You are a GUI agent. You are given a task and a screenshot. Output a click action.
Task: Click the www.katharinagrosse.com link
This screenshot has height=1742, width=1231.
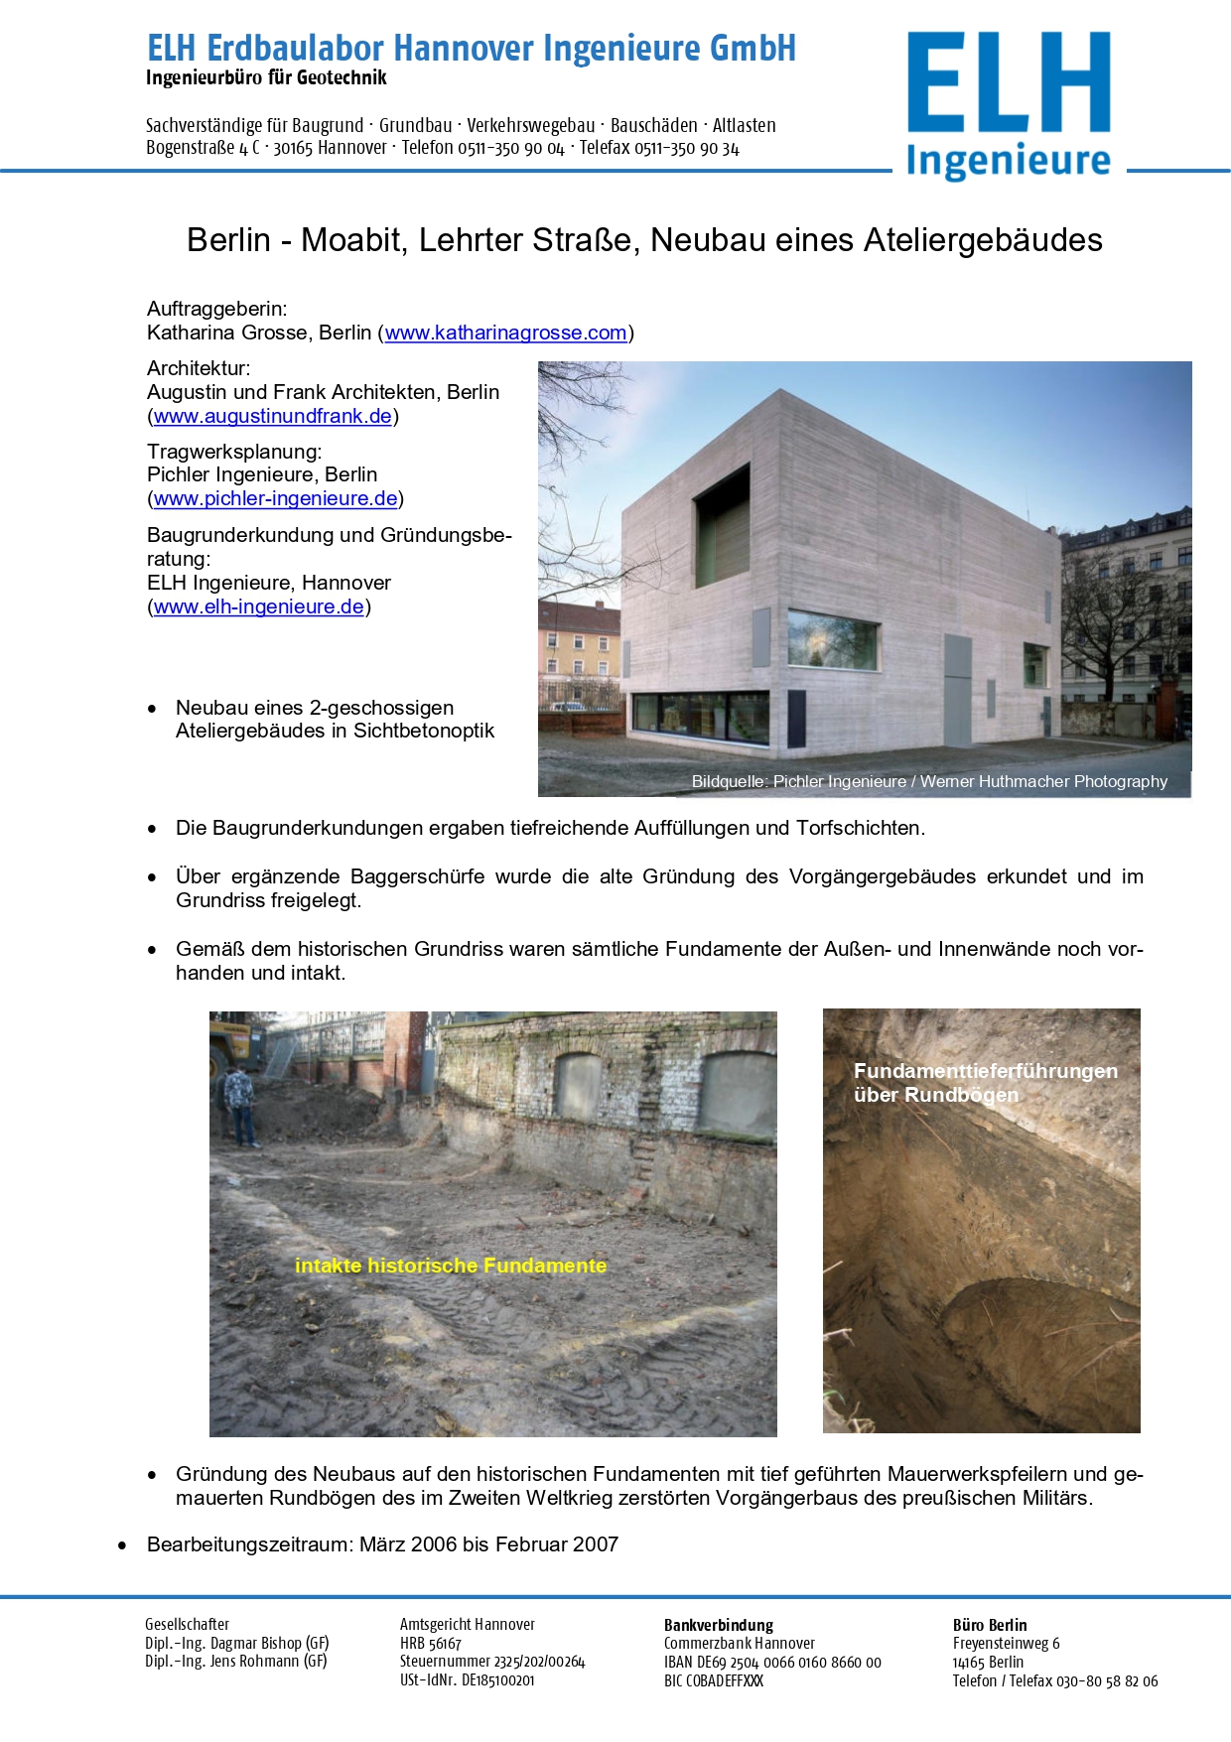point(505,334)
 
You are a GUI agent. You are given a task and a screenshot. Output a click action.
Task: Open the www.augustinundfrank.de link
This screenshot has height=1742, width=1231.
point(273,417)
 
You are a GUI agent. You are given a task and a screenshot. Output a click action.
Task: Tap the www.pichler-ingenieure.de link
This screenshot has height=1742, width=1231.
point(275,499)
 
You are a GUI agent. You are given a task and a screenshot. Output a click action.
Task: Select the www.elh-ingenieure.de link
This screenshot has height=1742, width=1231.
point(258,607)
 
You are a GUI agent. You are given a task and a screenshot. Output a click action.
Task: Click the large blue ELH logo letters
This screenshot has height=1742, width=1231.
point(1008,82)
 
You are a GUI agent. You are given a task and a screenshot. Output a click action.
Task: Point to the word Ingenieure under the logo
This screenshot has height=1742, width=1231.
point(1008,161)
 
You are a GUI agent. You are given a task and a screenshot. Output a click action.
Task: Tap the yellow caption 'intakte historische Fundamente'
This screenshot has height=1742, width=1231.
point(451,1267)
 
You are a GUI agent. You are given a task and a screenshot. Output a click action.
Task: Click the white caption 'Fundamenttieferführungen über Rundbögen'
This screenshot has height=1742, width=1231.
point(985,1083)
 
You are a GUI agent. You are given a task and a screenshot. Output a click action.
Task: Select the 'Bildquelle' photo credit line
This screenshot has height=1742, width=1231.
point(929,782)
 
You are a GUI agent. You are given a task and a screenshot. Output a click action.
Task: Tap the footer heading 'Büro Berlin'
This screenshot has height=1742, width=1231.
point(990,1625)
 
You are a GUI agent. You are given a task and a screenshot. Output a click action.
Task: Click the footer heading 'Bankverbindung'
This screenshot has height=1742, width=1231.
point(718,1625)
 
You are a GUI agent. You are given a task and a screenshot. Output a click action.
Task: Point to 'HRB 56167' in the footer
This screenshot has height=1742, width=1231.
point(430,1644)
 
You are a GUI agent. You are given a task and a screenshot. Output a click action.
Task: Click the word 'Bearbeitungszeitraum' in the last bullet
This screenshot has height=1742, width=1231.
point(249,1545)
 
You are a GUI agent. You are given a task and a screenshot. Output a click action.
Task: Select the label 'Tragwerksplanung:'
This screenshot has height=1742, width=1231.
point(234,452)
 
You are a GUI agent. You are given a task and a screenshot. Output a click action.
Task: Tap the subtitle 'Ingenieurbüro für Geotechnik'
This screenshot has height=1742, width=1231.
point(266,77)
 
